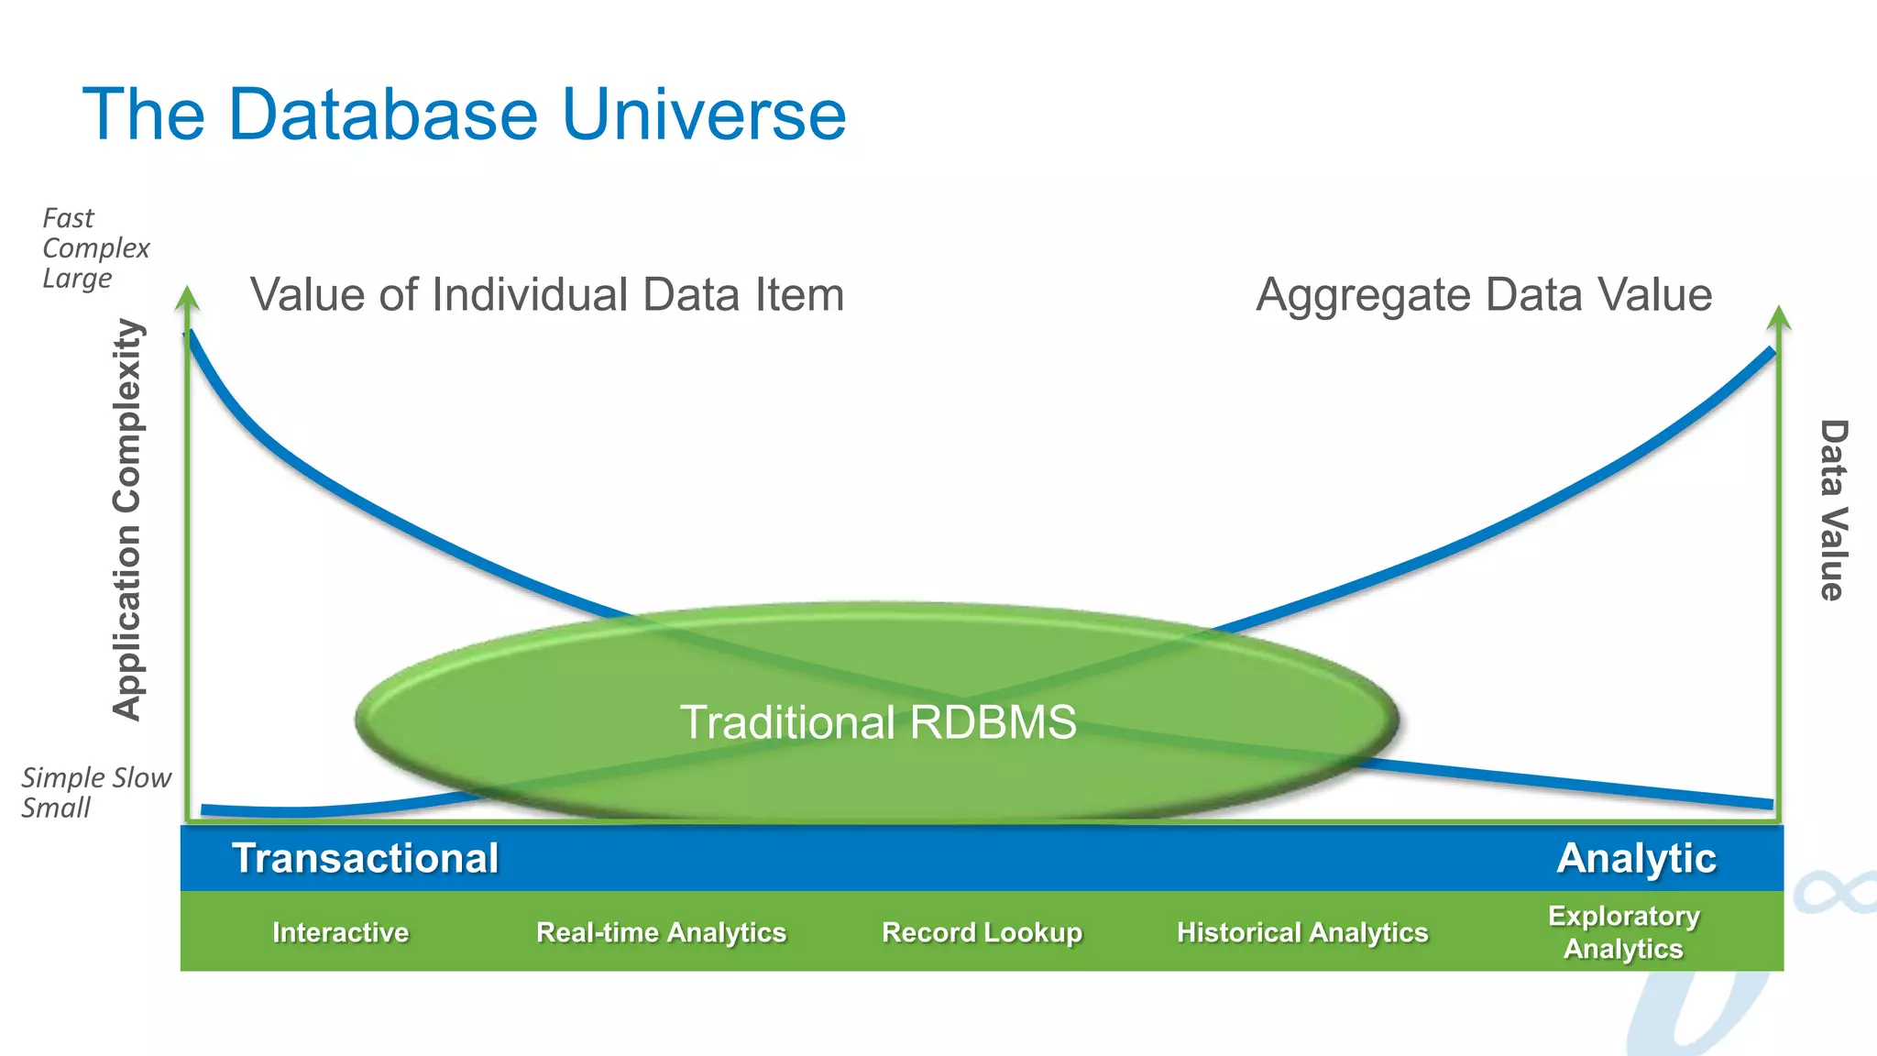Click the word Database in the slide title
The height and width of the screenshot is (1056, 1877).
coord(383,115)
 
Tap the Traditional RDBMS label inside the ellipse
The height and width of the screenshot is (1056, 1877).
coord(877,722)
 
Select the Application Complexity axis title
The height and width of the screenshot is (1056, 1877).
coord(127,520)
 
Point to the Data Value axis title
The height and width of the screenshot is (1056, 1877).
coord(1832,510)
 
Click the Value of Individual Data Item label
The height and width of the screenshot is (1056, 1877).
coord(546,295)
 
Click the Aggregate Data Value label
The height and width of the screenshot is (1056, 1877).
coord(1483,295)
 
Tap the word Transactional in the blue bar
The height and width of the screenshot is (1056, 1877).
coord(365,859)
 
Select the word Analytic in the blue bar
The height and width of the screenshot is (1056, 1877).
coord(1636,859)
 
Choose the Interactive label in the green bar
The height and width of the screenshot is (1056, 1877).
coord(340,933)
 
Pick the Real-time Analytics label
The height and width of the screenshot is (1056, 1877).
coord(661,933)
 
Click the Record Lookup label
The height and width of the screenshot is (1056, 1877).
coord(982,933)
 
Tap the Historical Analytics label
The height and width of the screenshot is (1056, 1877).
coord(1301,933)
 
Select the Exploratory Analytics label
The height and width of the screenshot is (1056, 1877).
coord(1623,932)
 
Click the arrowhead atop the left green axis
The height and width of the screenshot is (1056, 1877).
coord(187,297)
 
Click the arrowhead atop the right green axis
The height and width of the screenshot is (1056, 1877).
coord(1778,317)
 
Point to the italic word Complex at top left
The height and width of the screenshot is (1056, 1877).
coord(95,248)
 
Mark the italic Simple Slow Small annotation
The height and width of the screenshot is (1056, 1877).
coord(95,792)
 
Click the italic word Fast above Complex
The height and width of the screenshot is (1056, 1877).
coord(68,218)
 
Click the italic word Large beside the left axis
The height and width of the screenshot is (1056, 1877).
coord(77,278)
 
